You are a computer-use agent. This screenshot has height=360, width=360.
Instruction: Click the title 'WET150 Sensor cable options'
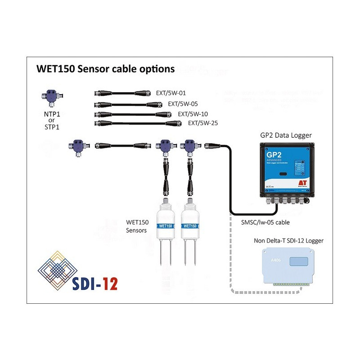pyautogui.click(x=105, y=69)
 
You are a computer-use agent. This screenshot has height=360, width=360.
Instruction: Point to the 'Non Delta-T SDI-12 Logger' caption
pyautogui.click(x=288, y=241)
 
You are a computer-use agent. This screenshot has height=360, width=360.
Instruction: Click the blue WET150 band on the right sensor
pyautogui.click(x=190, y=225)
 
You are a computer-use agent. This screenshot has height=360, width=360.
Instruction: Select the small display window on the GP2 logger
pyautogui.click(x=281, y=173)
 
